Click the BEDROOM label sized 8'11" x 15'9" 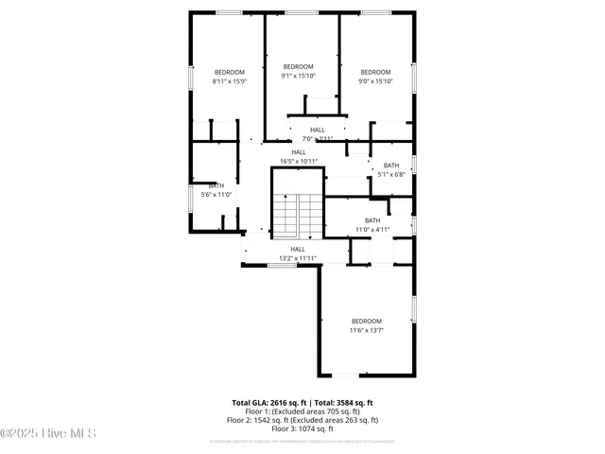tap(229, 73)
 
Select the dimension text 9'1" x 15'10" tap(298, 75)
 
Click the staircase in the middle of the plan tap(298, 215)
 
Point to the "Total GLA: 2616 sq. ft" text tap(271, 402)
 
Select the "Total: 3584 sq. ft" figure tap(344, 402)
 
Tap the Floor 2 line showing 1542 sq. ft tap(302, 420)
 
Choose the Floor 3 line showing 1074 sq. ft tap(302, 428)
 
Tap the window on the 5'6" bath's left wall tap(191, 196)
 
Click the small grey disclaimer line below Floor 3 tap(302, 441)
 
